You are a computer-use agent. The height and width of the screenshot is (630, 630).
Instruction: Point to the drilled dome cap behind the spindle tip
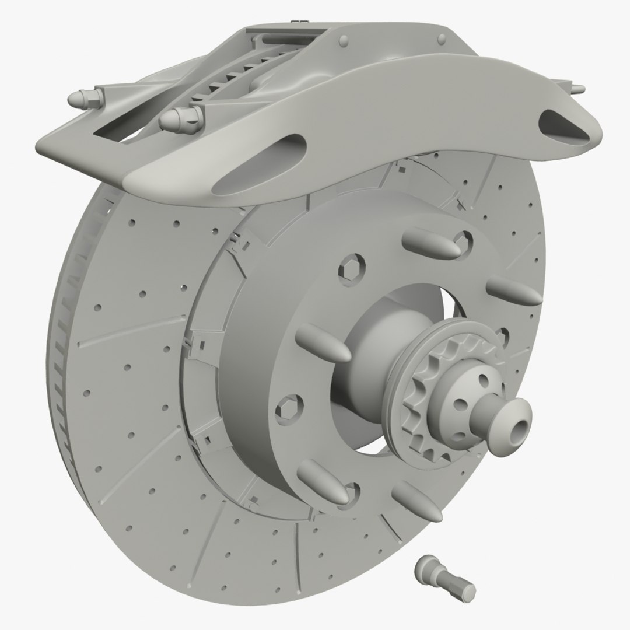[x=464, y=394]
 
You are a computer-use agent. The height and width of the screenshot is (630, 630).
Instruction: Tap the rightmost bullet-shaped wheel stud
[x=513, y=290]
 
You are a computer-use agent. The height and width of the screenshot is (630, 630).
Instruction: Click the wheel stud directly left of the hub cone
[x=324, y=344]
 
